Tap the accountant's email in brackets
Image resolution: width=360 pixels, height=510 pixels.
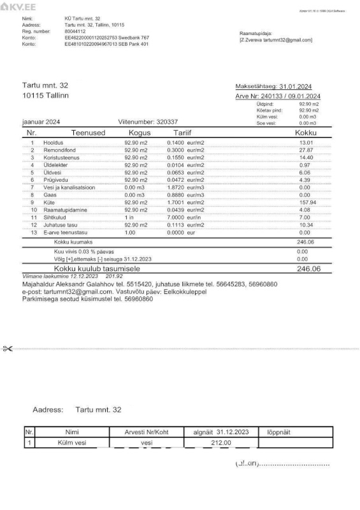coord(275,40)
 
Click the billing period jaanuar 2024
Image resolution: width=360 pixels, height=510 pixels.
coord(41,122)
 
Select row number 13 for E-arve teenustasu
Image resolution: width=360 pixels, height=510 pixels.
coord(33,234)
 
